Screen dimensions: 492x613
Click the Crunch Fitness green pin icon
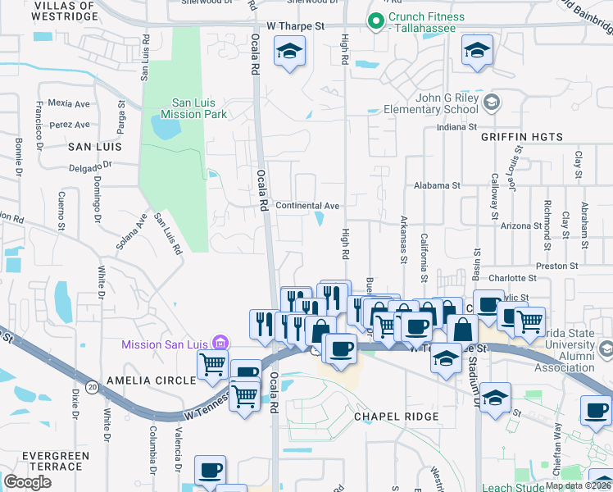pyautogui.click(x=376, y=21)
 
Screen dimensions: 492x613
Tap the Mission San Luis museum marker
pyautogui.click(x=220, y=343)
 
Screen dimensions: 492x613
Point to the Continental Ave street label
pyautogui.click(x=307, y=205)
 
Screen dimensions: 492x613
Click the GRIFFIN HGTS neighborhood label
pyautogui.click(x=521, y=136)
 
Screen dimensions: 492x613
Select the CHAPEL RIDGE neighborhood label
pyautogui.click(x=397, y=417)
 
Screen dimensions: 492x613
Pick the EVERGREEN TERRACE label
pyautogui.click(x=42, y=461)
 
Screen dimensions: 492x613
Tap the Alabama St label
pyautogui.click(x=438, y=186)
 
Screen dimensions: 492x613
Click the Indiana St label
pyautogui.click(x=456, y=128)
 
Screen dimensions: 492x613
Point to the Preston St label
pyautogui.click(x=557, y=266)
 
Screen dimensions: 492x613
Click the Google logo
pyautogui.click(x=28, y=482)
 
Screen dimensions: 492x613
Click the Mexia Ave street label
pyautogui.click(x=69, y=104)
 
